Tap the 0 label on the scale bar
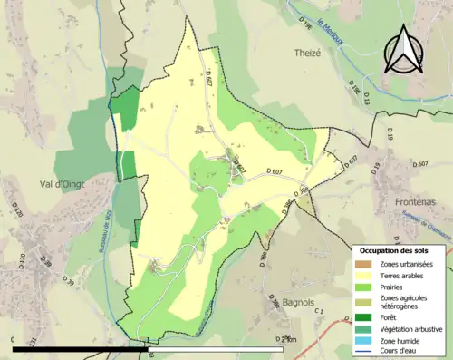(14, 339)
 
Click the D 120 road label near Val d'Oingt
(17, 212)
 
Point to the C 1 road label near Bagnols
(319, 313)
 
